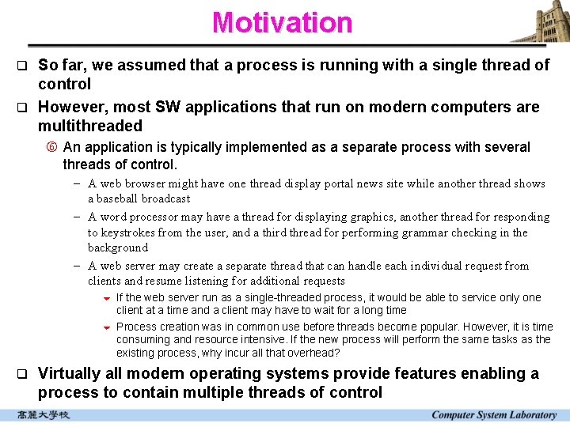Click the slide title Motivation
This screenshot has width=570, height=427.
click(282, 22)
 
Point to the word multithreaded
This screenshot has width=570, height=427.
click(90, 126)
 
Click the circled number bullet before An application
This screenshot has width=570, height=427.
click(52, 147)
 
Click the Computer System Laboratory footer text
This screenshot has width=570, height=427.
click(493, 415)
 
